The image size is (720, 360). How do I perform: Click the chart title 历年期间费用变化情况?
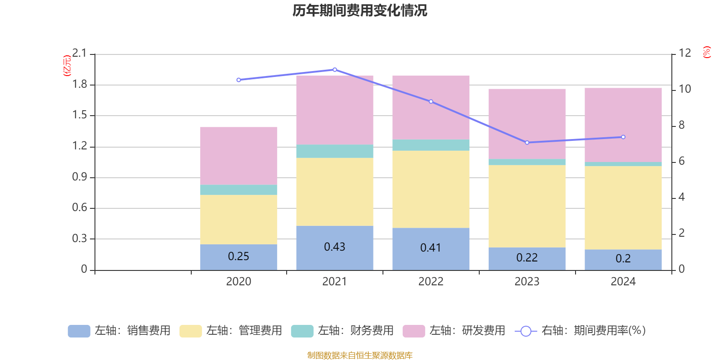[360, 10]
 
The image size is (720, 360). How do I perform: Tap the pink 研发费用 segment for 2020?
[238, 155]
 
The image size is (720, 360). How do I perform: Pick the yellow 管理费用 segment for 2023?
[526, 206]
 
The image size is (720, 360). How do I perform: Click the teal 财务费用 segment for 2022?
[431, 145]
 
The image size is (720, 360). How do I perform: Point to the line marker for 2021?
[334, 70]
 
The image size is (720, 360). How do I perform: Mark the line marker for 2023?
[527, 143]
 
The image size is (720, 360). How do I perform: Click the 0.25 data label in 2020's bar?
[238, 256]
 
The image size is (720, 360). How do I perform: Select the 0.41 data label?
[431, 248]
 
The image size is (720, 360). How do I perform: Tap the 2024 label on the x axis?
[623, 282]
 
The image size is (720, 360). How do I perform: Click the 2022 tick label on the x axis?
[431, 282]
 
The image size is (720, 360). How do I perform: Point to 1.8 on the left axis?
[80, 85]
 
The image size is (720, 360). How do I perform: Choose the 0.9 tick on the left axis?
[80, 177]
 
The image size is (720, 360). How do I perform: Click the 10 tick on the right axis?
[684, 89]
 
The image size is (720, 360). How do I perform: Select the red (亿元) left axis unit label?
[67, 66]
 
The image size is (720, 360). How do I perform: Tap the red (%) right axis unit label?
[706, 52]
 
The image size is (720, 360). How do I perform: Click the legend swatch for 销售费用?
[79, 331]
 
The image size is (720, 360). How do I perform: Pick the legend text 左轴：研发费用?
[467, 331]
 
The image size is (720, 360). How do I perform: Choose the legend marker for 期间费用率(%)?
[526, 331]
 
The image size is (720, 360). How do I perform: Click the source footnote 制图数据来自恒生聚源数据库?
[360, 355]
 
